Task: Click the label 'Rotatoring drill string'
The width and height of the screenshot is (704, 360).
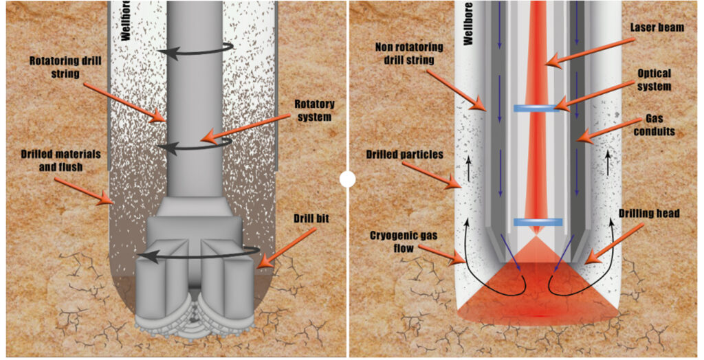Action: point(65,66)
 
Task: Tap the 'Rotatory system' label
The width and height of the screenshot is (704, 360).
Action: point(314,110)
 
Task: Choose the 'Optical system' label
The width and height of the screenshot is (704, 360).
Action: point(654,80)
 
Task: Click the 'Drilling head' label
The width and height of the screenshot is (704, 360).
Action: point(648,214)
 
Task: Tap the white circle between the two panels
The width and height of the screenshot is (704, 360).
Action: point(347,180)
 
